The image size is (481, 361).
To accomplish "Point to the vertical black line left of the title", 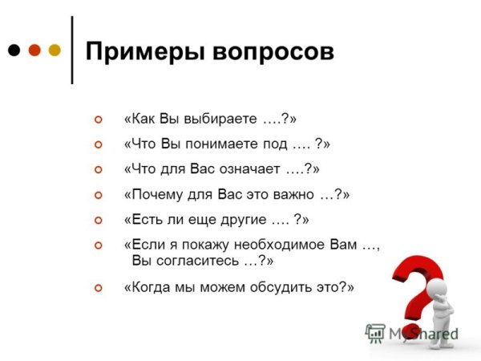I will [x=72, y=48].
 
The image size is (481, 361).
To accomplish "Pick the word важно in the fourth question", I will [x=297, y=194].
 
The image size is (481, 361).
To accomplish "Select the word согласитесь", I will [x=196, y=261].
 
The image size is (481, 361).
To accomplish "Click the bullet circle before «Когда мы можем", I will [x=99, y=286].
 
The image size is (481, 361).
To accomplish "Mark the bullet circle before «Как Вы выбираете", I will [x=99, y=120].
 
